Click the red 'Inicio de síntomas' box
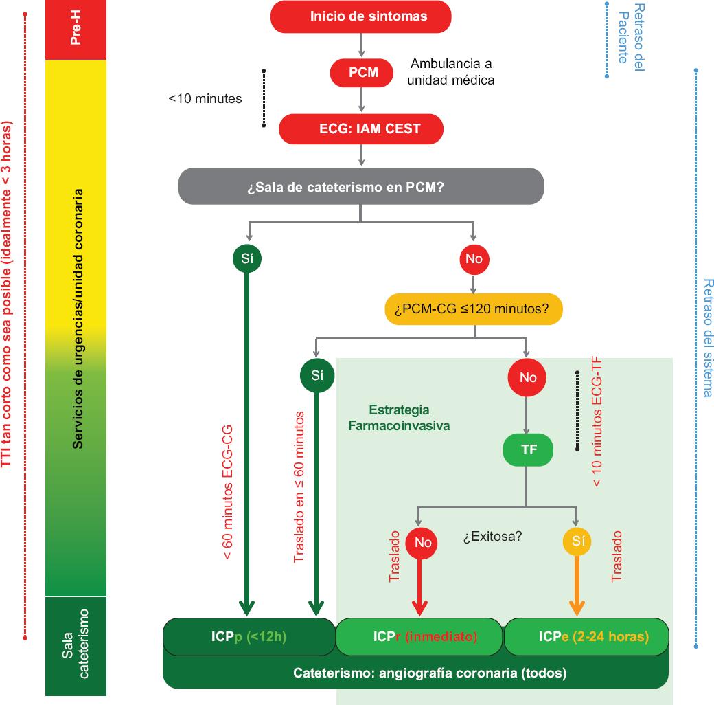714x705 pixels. click(360, 16)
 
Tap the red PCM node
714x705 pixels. click(363, 72)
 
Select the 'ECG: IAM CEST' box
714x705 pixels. click(360, 128)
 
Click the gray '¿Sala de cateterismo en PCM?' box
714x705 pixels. click(360, 186)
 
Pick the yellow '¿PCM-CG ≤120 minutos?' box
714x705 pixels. click(474, 309)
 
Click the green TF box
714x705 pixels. click(528, 451)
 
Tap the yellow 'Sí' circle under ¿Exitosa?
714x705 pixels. click(577, 542)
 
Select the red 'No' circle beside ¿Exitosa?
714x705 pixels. click(422, 542)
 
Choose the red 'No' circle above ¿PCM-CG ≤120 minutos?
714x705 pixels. click(474, 259)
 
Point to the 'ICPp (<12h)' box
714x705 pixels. click(249, 637)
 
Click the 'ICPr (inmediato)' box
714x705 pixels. click(419, 637)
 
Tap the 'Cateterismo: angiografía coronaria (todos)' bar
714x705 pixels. click(415, 673)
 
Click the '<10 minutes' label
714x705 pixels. click(205, 98)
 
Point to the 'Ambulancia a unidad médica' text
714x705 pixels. click(451, 72)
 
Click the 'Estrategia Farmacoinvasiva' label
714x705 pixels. click(399, 418)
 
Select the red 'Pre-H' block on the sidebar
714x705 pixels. click(76, 30)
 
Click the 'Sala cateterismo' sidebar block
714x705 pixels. click(76, 646)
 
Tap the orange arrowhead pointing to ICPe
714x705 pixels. click(577, 607)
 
